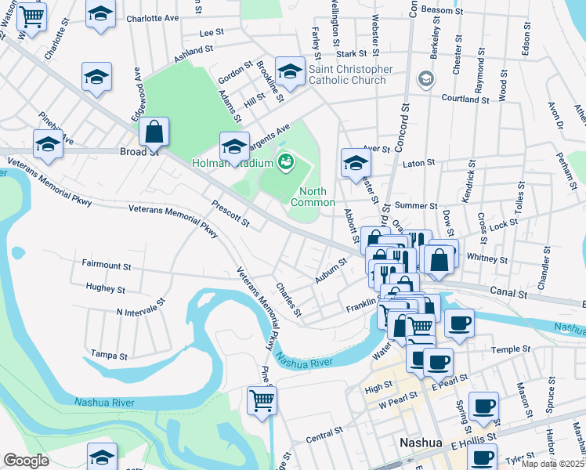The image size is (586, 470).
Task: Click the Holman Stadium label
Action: pos(233,163)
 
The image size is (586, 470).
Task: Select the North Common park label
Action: pos(313,197)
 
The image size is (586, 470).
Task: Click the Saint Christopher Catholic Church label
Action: pos(350,74)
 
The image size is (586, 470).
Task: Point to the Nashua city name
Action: pos(421,442)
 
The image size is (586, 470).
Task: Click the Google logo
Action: pos(26,460)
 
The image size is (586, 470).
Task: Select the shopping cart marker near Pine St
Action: pos(262,399)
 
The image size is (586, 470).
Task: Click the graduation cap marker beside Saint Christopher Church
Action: pos(291,73)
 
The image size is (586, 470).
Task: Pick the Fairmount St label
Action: pos(107,266)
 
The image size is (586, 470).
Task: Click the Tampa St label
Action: pos(110,355)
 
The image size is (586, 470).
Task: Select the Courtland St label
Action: pos(465,99)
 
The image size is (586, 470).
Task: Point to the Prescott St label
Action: pos(230,214)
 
